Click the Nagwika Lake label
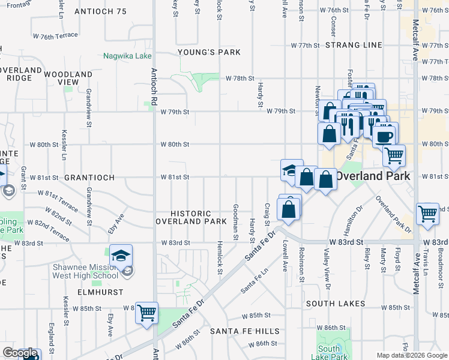(127, 56)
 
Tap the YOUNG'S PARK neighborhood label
(209, 52)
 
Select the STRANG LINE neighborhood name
(354, 45)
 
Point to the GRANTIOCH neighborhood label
(89, 178)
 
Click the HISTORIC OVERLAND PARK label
(190, 217)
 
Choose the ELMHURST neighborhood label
(100, 292)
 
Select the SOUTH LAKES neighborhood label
(336, 304)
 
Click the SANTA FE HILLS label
(244, 331)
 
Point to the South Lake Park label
(330, 353)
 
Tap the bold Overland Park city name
(372, 176)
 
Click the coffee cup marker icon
(384, 135)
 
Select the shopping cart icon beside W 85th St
(146, 313)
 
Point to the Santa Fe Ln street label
(255, 281)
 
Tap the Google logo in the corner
(20, 353)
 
